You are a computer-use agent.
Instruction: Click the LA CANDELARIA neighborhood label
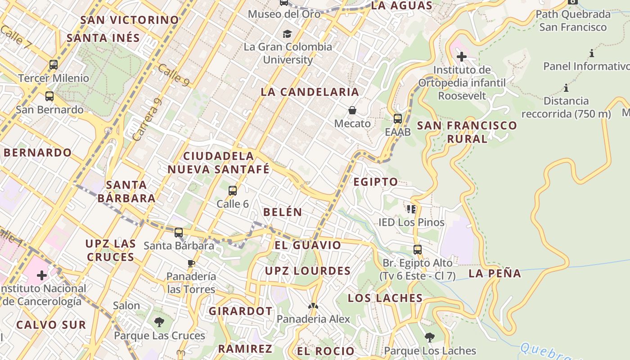click(x=310, y=92)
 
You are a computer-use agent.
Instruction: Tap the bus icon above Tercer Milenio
click(x=54, y=65)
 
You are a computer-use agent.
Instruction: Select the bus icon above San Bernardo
click(x=49, y=96)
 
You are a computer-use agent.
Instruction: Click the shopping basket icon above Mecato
click(x=352, y=110)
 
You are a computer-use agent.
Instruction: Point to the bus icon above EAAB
click(x=398, y=119)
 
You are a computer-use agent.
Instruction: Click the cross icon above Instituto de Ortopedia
click(x=461, y=57)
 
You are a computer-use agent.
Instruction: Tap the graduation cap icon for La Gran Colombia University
click(x=287, y=34)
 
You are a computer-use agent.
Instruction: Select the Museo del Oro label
click(x=284, y=14)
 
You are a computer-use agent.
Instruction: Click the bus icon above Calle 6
click(x=233, y=191)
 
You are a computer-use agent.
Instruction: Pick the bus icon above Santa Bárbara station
click(x=179, y=233)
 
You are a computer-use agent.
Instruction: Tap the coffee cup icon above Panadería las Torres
click(x=191, y=263)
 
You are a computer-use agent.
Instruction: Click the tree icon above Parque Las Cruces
click(x=159, y=322)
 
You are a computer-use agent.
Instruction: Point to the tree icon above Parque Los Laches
click(x=430, y=337)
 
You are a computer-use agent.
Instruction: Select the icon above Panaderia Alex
click(x=313, y=306)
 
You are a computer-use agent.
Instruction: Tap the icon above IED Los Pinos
click(x=411, y=209)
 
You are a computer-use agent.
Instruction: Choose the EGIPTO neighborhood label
click(x=376, y=182)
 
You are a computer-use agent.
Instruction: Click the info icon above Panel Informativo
click(x=591, y=54)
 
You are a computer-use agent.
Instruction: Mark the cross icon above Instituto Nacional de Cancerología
click(x=42, y=275)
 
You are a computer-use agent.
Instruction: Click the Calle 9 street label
click(x=173, y=75)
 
